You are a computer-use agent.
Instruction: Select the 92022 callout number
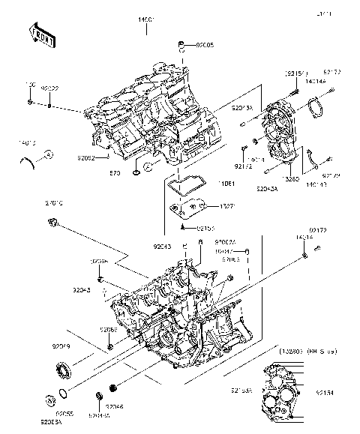(51, 88)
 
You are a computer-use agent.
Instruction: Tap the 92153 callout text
(205, 227)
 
